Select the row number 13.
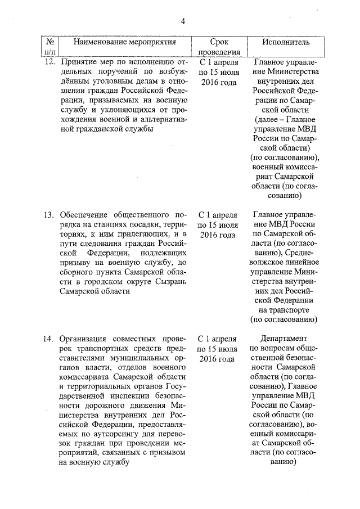coord(49,215)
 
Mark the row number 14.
coord(49,340)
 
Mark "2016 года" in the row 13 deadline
coord(218,236)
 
